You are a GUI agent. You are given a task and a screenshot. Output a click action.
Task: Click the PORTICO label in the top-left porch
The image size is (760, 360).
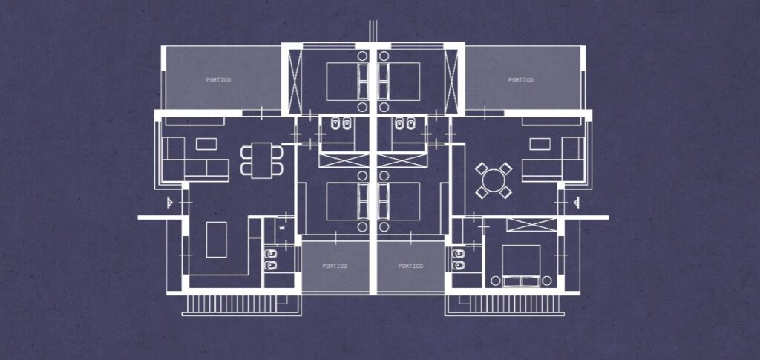tap(219, 80)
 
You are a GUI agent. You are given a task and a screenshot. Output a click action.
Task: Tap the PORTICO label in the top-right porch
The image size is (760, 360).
tap(521, 80)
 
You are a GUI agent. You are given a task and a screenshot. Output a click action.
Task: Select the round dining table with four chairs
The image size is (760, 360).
tap(494, 180)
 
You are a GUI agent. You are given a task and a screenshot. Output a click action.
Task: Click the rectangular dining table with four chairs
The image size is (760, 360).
tap(262, 160)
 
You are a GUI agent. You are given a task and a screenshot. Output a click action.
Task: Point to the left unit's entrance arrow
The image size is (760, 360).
tap(170, 202)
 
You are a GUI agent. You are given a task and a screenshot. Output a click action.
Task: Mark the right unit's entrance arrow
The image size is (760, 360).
tap(576, 202)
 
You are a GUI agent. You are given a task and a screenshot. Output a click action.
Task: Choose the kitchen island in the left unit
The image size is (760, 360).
tap(216, 239)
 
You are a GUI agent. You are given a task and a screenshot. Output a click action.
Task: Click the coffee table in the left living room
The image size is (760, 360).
tap(207, 144)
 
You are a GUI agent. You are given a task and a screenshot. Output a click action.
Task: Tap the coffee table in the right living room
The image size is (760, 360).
tap(540, 144)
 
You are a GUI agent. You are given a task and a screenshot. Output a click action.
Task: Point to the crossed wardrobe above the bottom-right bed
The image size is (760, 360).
tap(531, 225)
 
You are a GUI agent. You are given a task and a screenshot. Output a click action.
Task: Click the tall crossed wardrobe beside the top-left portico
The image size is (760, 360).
tap(295, 79)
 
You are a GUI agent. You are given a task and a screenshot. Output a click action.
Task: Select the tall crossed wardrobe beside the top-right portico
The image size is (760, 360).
tap(451, 79)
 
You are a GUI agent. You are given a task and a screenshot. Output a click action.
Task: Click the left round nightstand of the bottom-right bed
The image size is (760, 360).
tap(495, 281)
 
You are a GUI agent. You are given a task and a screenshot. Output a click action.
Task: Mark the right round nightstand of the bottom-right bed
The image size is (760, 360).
tap(547, 281)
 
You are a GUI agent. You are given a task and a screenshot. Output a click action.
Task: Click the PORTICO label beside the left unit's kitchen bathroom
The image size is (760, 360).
tap(335, 266)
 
